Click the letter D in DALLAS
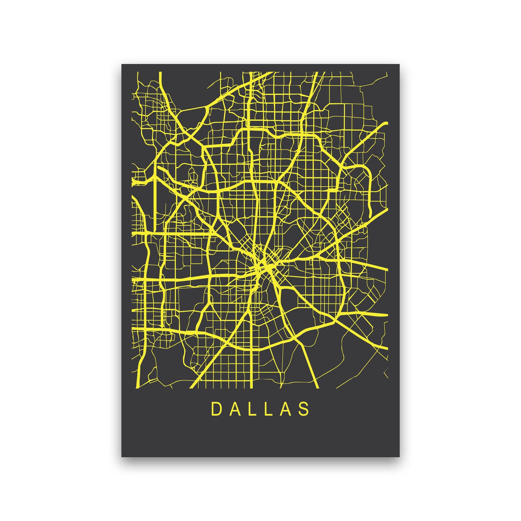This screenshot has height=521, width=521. point(216,409)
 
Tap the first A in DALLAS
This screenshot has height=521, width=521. point(235,409)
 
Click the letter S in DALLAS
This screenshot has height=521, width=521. point(305,409)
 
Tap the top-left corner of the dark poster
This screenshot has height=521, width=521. point(122,65)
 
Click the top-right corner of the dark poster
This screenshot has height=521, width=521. point(399,65)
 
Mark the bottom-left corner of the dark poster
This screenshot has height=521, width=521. point(122,456)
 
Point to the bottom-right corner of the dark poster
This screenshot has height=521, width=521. point(399,456)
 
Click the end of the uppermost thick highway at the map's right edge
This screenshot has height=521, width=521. point(387,124)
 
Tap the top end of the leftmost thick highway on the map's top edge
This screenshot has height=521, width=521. point(160,73)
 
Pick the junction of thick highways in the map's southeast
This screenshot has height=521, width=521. point(335,320)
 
